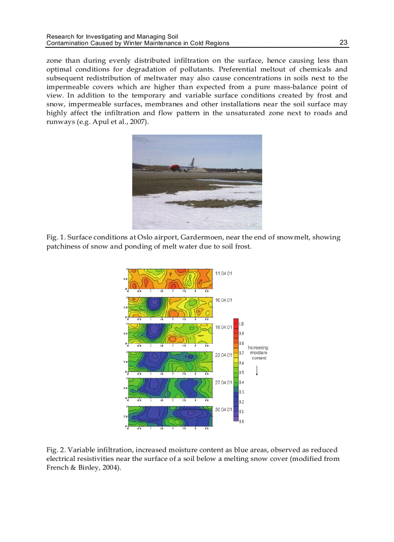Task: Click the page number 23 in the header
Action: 343,42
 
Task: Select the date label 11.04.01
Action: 224,274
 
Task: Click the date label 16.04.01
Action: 224,300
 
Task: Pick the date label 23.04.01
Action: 224,355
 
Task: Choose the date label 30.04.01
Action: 224,409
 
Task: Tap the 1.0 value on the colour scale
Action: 242,323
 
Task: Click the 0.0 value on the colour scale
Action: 242,421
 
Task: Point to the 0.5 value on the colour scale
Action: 242,373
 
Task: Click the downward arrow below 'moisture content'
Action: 258,370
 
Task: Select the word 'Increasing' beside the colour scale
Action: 258,347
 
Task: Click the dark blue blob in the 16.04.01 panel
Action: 154,305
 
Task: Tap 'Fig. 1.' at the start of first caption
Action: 55,237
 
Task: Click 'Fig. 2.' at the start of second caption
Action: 55,450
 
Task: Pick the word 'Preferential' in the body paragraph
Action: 237,69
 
